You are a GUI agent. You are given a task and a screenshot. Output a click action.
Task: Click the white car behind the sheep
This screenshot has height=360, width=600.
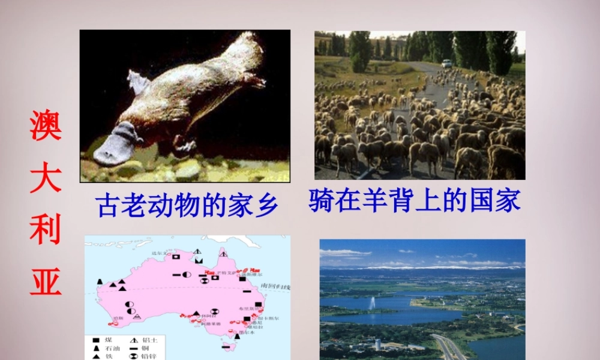pos(446,63)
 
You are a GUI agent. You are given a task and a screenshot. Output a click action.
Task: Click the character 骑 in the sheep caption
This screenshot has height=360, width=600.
pos(322,200)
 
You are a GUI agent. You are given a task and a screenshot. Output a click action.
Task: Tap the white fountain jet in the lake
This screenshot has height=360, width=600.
pos(372,303)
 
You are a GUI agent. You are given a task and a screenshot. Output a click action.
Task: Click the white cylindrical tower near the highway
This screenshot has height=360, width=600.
pos(377,345)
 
